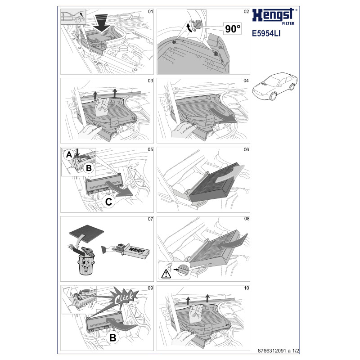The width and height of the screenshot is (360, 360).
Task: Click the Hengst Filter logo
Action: click(x=274, y=15)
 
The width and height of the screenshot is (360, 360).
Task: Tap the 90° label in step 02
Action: click(x=232, y=30)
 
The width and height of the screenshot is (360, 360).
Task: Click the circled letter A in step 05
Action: click(x=69, y=155)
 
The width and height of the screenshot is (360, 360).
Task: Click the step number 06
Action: click(x=246, y=150)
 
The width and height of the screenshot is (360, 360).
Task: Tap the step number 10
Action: click(x=246, y=288)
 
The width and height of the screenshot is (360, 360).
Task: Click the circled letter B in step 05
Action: click(x=89, y=169)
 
